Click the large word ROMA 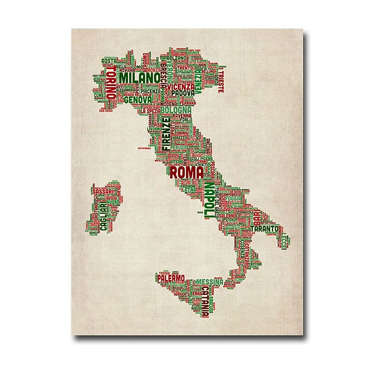[187, 173]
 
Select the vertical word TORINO [111, 83]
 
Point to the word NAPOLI [209, 201]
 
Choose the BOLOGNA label [175, 110]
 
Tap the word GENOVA [138, 99]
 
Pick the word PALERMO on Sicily [171, 278]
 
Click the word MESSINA [210, 282]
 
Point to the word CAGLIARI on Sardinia [103, 216]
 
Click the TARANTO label [264, 228]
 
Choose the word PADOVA [183, 92]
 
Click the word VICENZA [181, 86]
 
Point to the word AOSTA [109, 61]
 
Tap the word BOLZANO [178, 59]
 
